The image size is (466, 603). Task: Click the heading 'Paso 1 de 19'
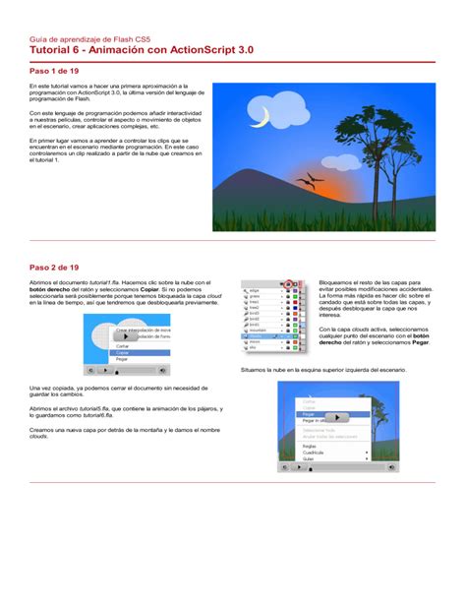point(54,72)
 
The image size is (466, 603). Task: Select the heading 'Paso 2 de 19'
point(54,267)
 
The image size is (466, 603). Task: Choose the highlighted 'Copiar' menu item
point(123,352)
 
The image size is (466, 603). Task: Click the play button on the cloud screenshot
point(128,336)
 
